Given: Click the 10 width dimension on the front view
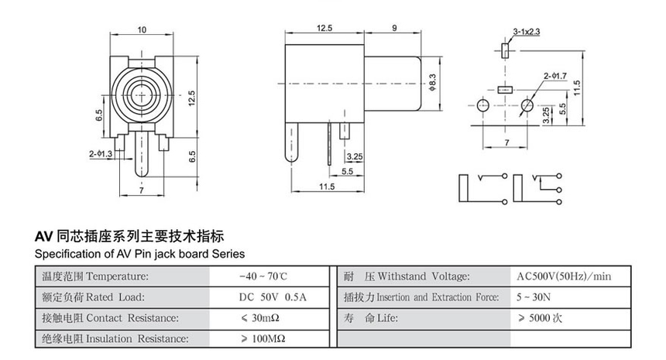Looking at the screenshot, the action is pyautogui.click(x=142, y=29).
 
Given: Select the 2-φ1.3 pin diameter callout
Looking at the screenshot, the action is pyautogui.click(x=101, y=154).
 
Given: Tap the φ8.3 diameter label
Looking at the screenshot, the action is pyautogui.click(x=432, y=83).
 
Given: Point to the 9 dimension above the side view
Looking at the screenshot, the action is pyautogui.click(x=395, y=28).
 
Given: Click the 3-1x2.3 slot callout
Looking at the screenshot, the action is pyautogui.click(x=527, y=32).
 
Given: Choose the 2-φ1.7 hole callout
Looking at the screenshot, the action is pyautogui.click(x=555, y=76).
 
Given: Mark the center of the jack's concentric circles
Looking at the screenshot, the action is pyautogui.click(x=142, y=94).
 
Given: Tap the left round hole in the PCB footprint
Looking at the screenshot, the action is pyautogui.click(x=483, y=105).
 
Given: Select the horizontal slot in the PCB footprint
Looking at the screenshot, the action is pyautogui.click(x=505, y=90).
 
